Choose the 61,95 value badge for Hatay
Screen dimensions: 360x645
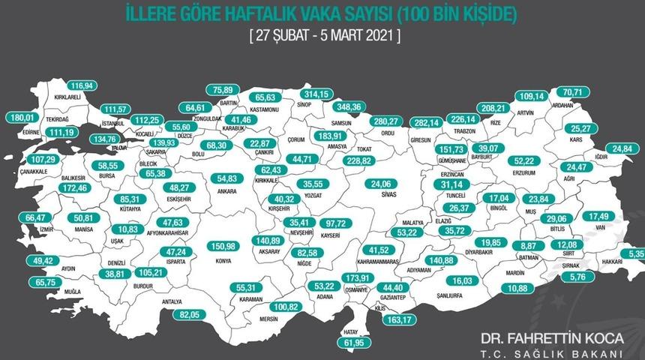(364, 343)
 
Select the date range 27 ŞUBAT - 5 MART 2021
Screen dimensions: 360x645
(322, 35)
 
